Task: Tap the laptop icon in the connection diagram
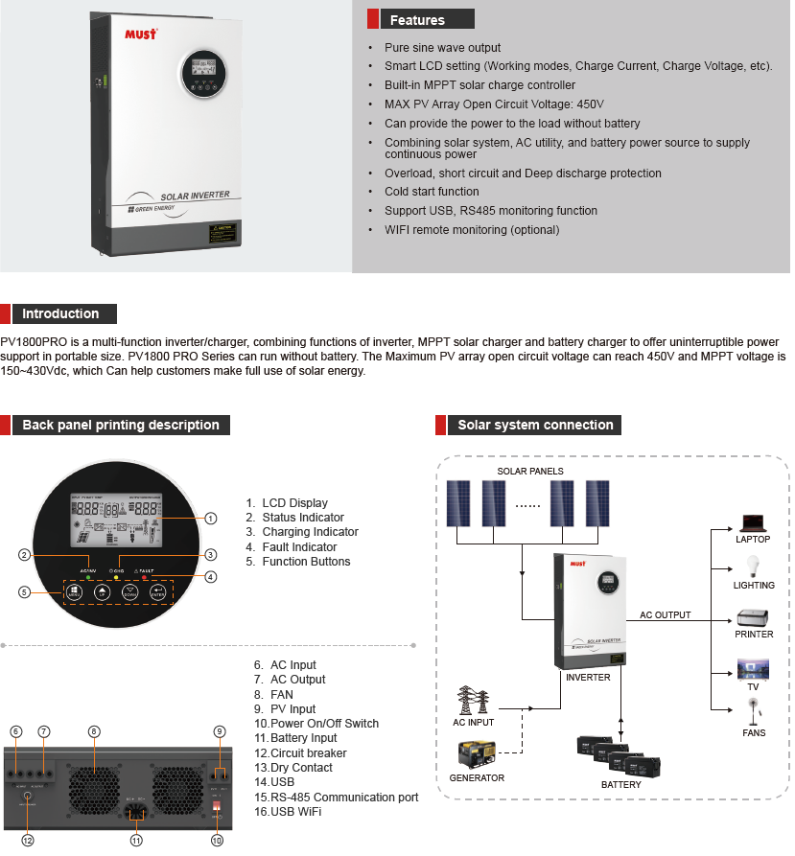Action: click(753, 523)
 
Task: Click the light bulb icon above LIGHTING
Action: click(753, 567)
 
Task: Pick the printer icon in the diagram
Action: click(753, 617)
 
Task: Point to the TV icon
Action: click(753, 668)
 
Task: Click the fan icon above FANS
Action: click(753, 712)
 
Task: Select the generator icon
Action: click(478, 754)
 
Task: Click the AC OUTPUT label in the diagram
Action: click(665, 615)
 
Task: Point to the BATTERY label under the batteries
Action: click(620, 784)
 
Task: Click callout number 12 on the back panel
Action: click(28, 841)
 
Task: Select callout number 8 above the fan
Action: click(94, 731)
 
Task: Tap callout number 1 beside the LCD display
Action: click(211, 518)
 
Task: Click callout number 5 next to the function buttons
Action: click(25, 591)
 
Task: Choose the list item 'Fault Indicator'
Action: click(299, 546)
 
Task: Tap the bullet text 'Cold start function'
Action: click(432, 192)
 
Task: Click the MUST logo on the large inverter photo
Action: click(141, 34)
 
